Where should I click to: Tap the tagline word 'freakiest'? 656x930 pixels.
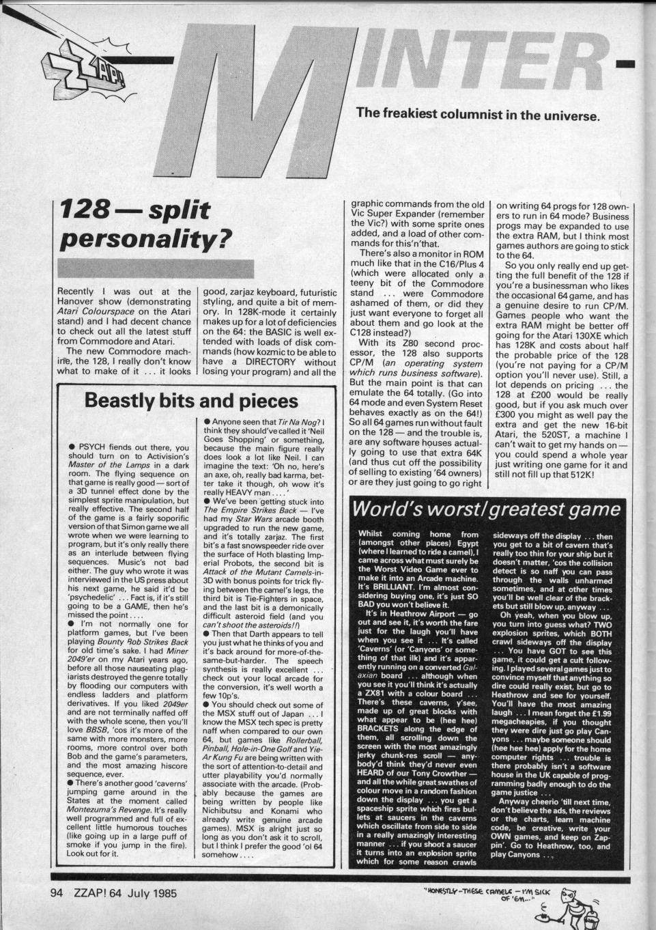pos(427,114)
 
